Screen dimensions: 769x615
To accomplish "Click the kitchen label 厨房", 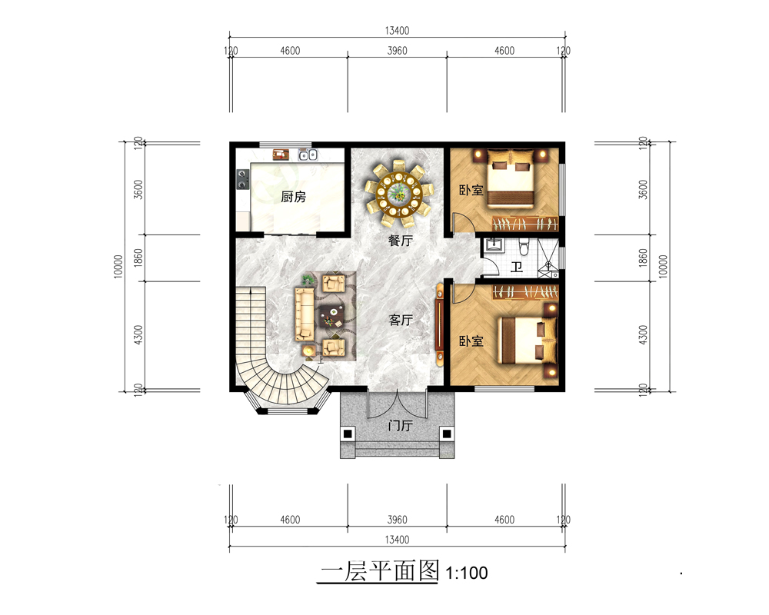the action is [x=293, y=197].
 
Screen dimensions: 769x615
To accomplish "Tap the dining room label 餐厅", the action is [x=400, y=241].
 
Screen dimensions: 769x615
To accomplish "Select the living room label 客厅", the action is [x=400, y=320].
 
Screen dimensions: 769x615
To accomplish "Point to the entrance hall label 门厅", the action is [x=400, y=425].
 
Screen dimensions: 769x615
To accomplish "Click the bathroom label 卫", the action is [x=517, y=268].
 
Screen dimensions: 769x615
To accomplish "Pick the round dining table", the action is [x=398, y=193].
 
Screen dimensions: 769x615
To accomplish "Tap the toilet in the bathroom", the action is [x=523, y=246].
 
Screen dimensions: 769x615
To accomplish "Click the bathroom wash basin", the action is [x=494, y=245].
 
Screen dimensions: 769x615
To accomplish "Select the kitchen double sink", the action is [x=308, y=155].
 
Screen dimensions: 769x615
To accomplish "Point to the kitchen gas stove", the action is [x=242, y=179].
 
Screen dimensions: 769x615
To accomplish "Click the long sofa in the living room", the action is [x=304, y=314].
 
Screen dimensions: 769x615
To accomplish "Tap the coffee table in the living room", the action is [x=331, y=314].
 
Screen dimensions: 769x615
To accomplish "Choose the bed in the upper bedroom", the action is [x=510, y=177].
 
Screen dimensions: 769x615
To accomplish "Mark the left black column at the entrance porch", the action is [x=348, y=434].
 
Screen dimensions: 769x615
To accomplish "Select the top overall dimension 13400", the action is [x=397, y=31].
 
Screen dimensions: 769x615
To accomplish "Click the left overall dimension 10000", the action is [x=118, y=266].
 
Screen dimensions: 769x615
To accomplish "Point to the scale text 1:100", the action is [x=467, y=573].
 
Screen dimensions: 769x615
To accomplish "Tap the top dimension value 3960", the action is [x=397, y=51].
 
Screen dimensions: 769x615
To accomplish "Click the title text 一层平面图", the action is [x=380, y=571].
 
